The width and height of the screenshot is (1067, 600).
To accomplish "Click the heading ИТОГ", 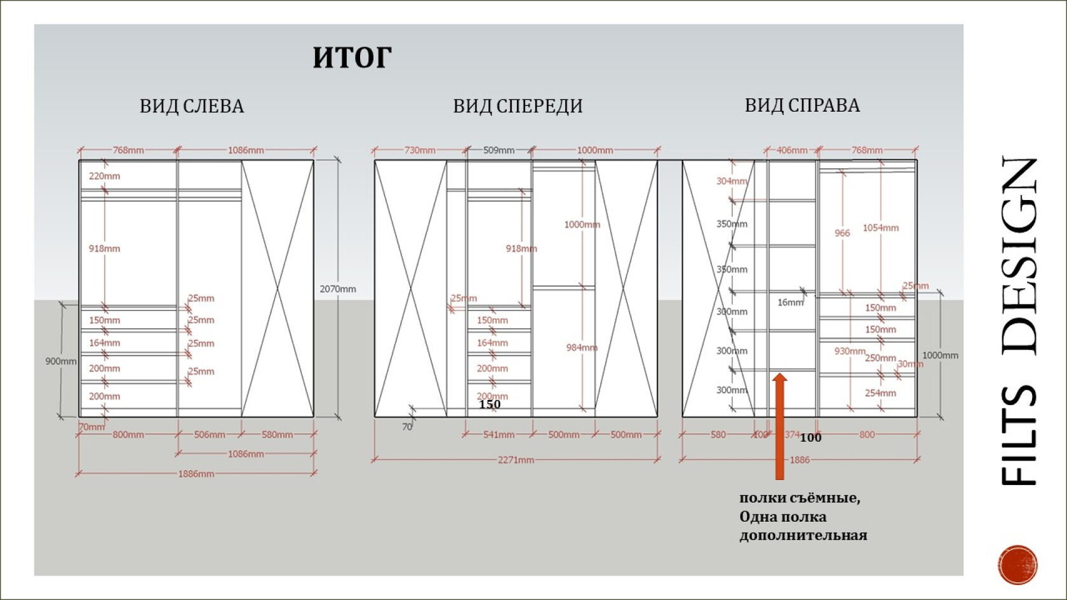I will tap(352, 58).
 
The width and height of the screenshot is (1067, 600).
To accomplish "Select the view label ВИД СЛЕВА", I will tap(192, 106).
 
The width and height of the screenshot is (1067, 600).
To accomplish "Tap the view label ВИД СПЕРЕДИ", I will tap(518, 106).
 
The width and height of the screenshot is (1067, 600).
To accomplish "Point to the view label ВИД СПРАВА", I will tap(802, 105).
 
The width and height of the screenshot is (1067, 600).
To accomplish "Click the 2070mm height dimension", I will tap(338, 289).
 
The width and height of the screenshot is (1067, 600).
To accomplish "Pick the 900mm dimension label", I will tap(60, 361).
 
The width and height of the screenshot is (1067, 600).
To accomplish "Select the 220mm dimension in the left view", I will tap(104, 176).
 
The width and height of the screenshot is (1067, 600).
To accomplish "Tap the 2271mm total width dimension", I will tap(516, 460).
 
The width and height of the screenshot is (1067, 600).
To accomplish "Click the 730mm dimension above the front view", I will tap(420, 150).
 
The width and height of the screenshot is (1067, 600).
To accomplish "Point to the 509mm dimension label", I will tap(499, 150).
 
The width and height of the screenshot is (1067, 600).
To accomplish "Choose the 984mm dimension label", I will tap(582, 347).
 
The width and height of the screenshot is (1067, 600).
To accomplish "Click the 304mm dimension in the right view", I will tap(732, 181).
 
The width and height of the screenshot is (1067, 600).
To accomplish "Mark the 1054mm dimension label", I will tap(880, 228).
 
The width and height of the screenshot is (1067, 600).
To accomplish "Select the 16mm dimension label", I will tap(790, 302).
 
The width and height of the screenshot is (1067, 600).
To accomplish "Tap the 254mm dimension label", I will tap(880, 393).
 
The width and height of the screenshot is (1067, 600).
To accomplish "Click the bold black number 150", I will tap(490, 404).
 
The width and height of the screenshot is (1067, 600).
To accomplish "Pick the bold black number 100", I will tap(810, 437).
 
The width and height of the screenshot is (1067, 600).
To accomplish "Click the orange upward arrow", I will tap(779, 425).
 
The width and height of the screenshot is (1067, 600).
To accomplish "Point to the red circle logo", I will tap(1017, 564).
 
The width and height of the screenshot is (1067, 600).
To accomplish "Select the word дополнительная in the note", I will tap(803, 535).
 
